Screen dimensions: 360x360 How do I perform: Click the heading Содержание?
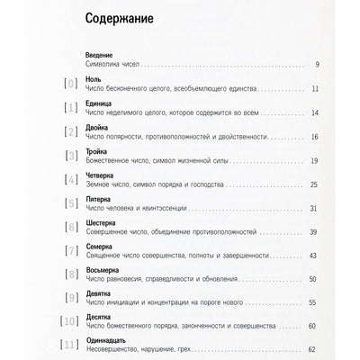point(117,17)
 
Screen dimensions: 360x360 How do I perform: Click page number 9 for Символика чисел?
point(319,65)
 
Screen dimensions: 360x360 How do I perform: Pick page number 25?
point(315,185)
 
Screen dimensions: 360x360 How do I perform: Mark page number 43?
point(315,257)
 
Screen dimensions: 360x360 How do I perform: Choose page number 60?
point(315,330)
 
